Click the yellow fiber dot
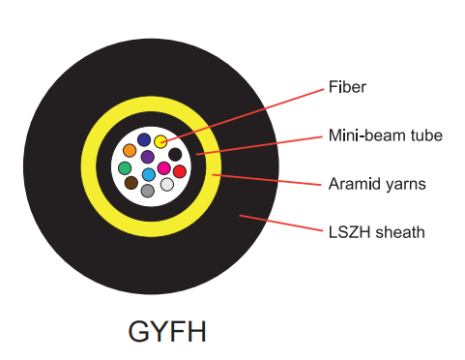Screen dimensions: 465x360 point(160,141)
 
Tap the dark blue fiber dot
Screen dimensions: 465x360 point(144,139)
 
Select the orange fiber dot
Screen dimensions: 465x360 point(130,151)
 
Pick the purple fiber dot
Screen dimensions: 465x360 point(148,157)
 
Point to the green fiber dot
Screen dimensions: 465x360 point(125,168)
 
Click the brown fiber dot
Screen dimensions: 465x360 point(131,183)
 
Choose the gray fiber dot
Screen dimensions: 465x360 point(148,191)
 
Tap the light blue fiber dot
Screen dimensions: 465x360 point(149,174)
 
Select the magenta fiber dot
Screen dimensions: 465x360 point(163,168)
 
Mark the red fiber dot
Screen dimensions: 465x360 point(180,171)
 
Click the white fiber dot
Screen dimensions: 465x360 point(167,185)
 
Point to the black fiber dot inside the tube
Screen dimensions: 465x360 point(175,155)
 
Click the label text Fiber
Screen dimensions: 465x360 point(347,87)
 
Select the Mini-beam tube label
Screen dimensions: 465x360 point(386,135)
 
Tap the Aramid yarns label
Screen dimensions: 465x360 point(377,184)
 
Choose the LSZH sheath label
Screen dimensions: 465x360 point(376,232)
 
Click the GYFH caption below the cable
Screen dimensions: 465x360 point(167,331)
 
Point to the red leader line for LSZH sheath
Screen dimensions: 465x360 point(280,223)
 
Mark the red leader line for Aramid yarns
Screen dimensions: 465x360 point(267,180)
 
